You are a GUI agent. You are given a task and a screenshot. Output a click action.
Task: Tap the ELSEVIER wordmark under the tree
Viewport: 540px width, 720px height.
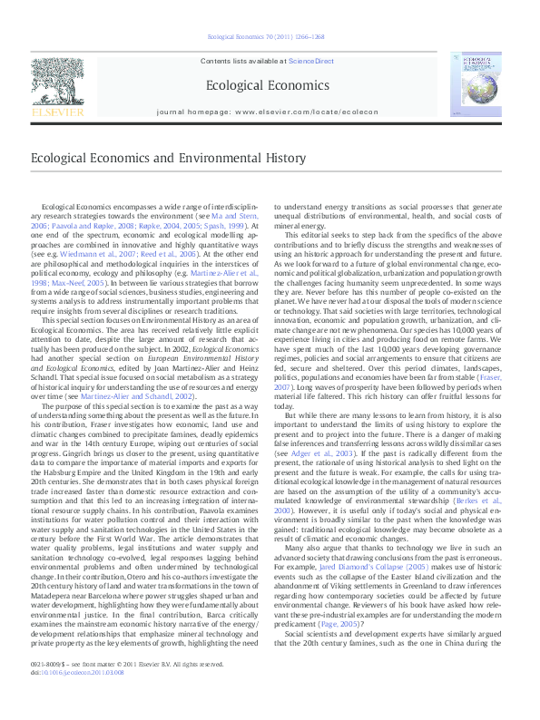coord(57,112)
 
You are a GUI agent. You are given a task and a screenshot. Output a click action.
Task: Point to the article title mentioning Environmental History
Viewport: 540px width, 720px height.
coord(167,157)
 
